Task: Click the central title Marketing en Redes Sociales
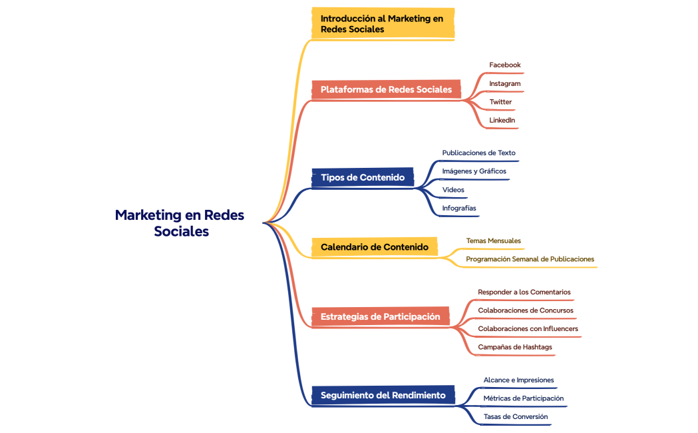[x=180, y=223]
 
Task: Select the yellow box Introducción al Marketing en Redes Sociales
[x=383, y=24]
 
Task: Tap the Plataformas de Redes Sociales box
[x=386, y=89]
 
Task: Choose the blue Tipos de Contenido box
[x=363, y=177]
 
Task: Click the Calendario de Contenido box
[x=375, y=246]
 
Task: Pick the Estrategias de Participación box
[x=381, y=316]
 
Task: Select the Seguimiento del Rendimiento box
[x=383, y=395]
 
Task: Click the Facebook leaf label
[x=505, y=65]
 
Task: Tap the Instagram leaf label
[x=505, y=84]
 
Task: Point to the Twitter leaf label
[x=501, y=102]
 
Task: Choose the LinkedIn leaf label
[x=502, y=120]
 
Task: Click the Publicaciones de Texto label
[x=478, y=153]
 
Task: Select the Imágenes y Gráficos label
[x=474, y=171]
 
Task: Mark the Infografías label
[x=459, y=209]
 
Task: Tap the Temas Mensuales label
[x=493, y=240]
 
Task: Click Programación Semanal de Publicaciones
[x=530, y=259]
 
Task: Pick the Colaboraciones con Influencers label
[x=528, y=329]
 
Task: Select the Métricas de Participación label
[x=524, y=398]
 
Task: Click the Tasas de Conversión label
[x=516, y=417]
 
